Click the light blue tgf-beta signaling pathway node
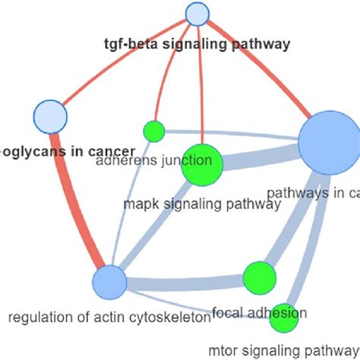click(197, 14)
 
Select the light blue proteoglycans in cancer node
click(51, 117)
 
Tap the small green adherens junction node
click(154, 131)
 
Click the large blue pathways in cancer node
click(329, 142)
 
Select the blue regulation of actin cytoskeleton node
click(110, 282)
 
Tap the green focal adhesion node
click(259, 278)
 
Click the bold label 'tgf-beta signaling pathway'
click(197, 44)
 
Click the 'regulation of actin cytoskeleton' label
click(108, 317)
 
